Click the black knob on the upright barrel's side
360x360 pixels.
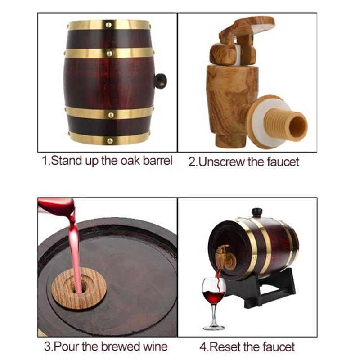pyautogui.click(x=161, y=81)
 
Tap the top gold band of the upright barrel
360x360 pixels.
pyautogui.click(x=109, y=25)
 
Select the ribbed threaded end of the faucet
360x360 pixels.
pyautogui.click(x=291, y=123)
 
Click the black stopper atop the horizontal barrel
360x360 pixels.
pyautogui.click(x=257, y=212)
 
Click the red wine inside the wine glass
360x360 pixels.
pyautogui.click(x=214, y=297)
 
